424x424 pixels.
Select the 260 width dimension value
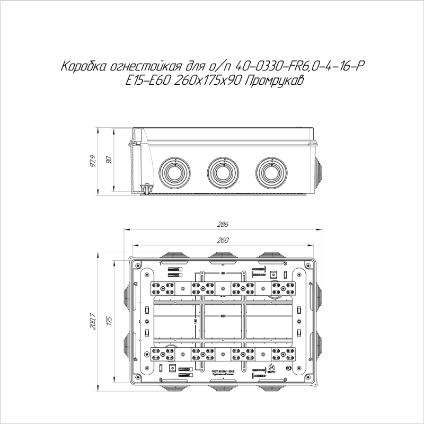click(x=223, y=241)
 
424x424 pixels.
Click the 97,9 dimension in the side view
click(x=93, y=161)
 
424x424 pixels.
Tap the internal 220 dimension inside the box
click(x=223, y=316)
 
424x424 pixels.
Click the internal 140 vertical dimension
click(x=195, y=322)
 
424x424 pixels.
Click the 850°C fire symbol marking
click(x=272, y=370)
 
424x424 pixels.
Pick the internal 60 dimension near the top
click(x=223, y=273)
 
